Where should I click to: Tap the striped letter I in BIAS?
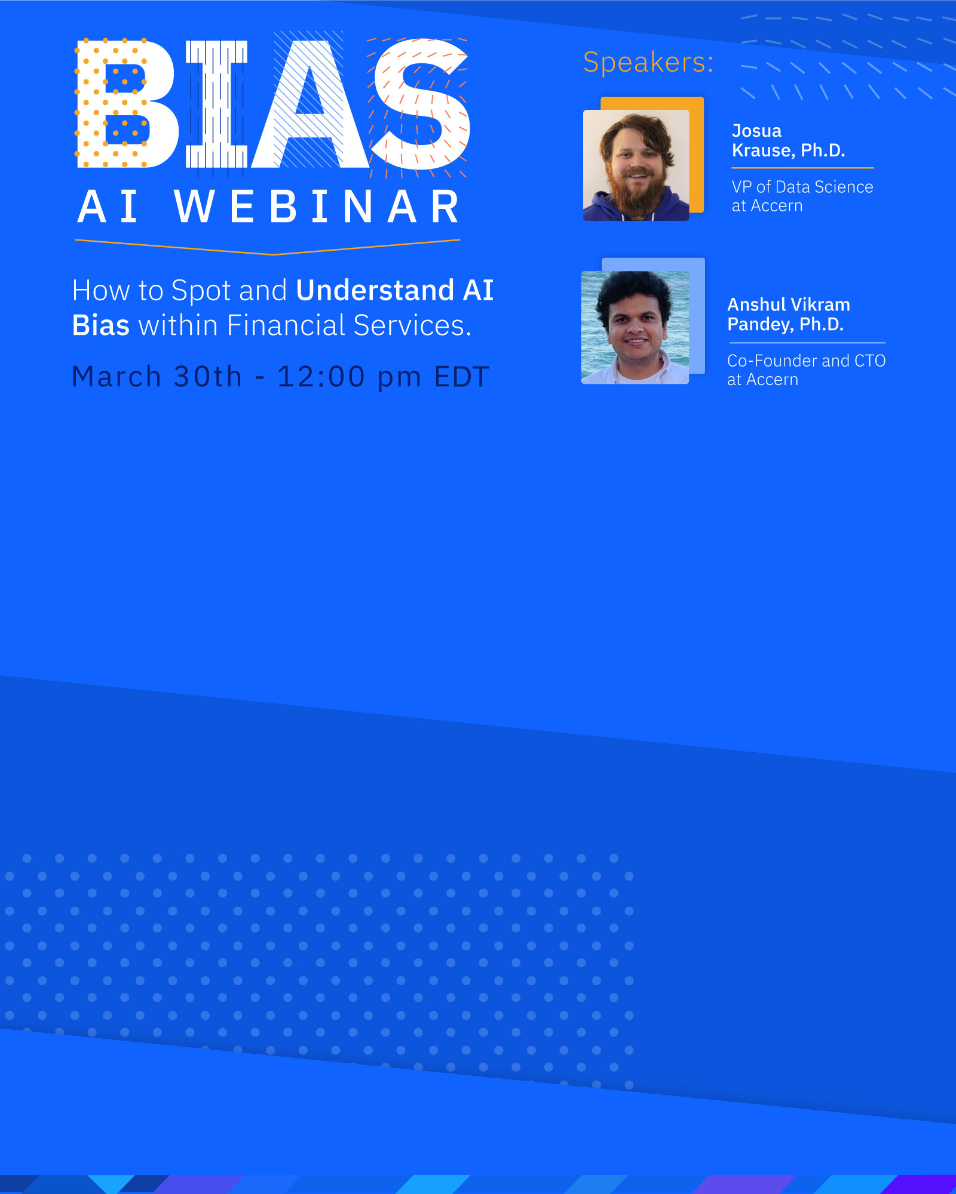(x=216, y=104)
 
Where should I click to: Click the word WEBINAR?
(x=317, y=207)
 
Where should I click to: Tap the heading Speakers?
(x=648, y=63)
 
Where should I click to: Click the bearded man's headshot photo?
(x=636, y=165)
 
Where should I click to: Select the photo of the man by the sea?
(x=635, y=327)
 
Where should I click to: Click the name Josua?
(x=756, y=131)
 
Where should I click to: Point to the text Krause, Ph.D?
(x=788, y=150)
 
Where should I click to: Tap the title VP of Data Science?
(x=802, y=187)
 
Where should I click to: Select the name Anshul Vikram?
(x=788, y=304)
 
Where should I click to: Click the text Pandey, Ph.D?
(x=785, y=324)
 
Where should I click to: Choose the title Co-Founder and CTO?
(x=806, y=361)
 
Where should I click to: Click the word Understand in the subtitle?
(x=375, y=290)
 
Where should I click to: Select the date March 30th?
(x=157, y=377)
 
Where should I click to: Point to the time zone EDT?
(x=461, y=377)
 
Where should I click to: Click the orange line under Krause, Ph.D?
(x=802, y=168)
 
